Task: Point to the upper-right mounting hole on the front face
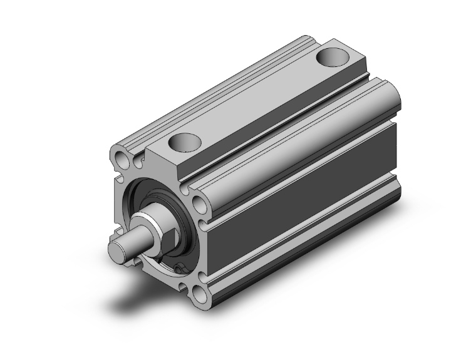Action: (x=199, y=204)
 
